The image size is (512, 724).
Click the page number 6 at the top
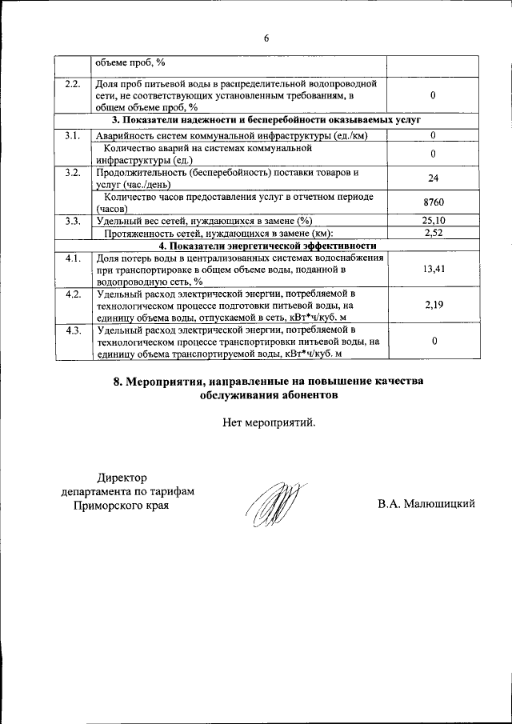[266, 37]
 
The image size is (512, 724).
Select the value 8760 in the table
[433, 203]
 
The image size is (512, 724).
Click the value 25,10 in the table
[433, 221]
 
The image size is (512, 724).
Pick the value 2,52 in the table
[433, 233]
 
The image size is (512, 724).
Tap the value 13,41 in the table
[433, 270]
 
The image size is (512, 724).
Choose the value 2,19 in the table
[433, 305]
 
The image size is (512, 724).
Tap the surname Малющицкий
[446, 503]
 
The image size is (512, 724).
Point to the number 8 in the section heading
[117, 381]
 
